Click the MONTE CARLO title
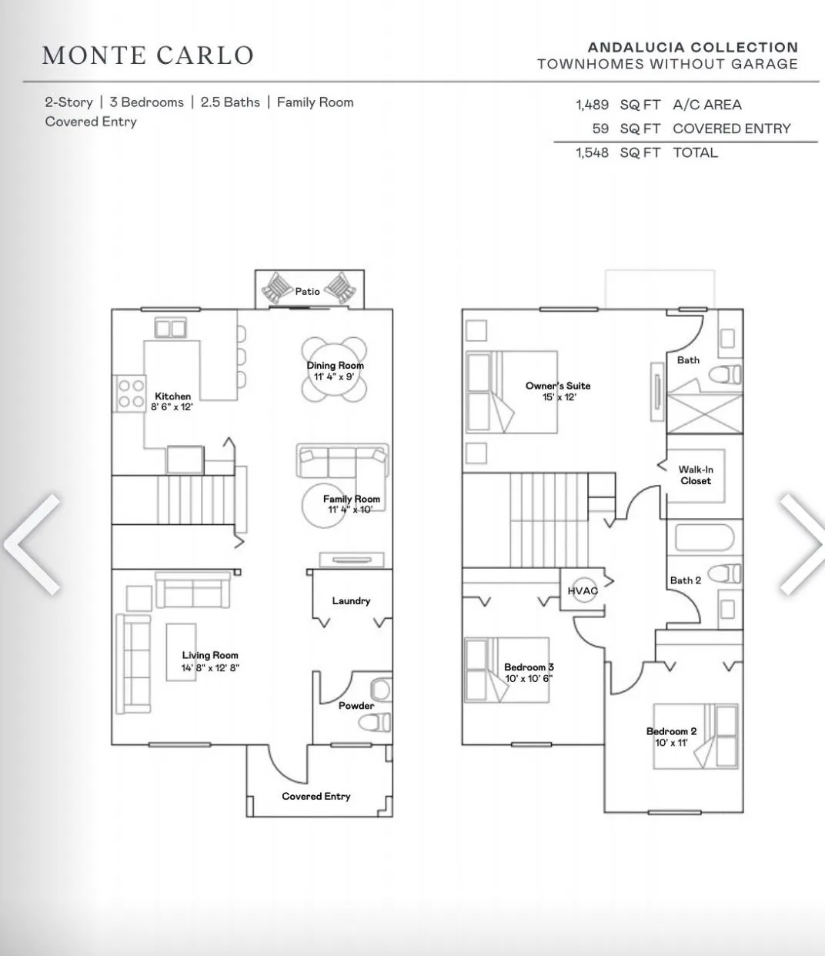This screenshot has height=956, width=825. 148,55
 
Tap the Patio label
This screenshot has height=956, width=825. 308,292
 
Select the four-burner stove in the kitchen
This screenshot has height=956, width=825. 129,393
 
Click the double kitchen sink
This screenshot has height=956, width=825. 170,328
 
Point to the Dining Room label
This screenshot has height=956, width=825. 336,366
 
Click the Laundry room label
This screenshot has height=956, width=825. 351,601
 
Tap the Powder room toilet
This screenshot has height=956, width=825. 375,722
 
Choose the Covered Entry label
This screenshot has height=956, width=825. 316,796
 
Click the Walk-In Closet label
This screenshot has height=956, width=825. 696,475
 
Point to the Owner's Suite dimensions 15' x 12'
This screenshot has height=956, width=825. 559,397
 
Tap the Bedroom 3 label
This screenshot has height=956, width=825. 529,667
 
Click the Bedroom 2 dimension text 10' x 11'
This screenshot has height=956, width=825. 671,742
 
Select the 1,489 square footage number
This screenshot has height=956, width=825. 592,105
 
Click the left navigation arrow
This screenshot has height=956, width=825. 32,544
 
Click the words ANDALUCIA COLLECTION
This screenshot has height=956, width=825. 693,47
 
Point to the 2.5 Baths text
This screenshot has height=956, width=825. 230,102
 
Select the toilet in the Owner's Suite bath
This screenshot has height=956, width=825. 725,374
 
